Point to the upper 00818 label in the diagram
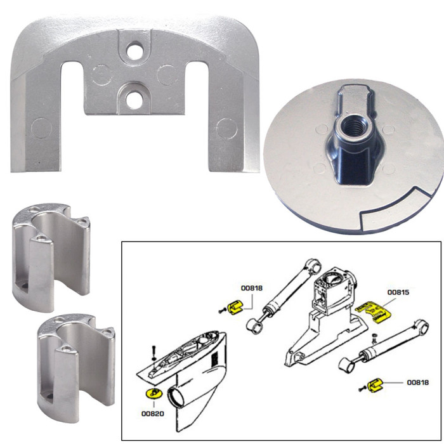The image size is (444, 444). coord(252,289)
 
